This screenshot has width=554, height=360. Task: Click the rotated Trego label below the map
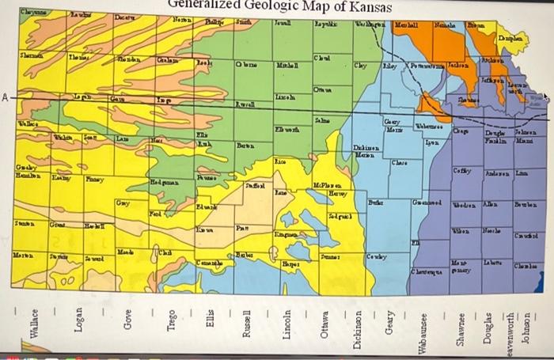pyautogui.click(x=169, y=327)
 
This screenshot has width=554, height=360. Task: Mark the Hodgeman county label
pyautogui.click(x=166, y=182)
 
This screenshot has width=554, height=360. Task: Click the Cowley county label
pyautogui.click(x=377, y=257)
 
